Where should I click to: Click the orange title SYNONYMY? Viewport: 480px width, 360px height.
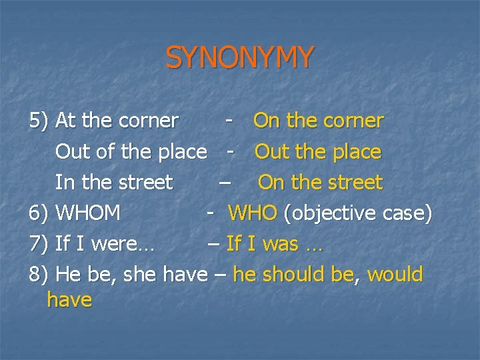pos(239,58)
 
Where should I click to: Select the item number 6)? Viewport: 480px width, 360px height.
pos(39,213)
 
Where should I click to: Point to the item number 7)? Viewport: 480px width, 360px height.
pos(39,244)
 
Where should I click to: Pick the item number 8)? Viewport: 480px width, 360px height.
pos(39,275)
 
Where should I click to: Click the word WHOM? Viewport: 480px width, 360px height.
pos(88,213)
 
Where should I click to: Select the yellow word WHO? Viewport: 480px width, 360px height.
pos(253,213)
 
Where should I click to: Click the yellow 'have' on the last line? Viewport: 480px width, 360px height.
pos(69,300)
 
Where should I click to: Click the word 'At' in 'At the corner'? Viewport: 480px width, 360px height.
pos(65,121)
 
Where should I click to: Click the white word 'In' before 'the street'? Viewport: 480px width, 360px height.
pos(64,183)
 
